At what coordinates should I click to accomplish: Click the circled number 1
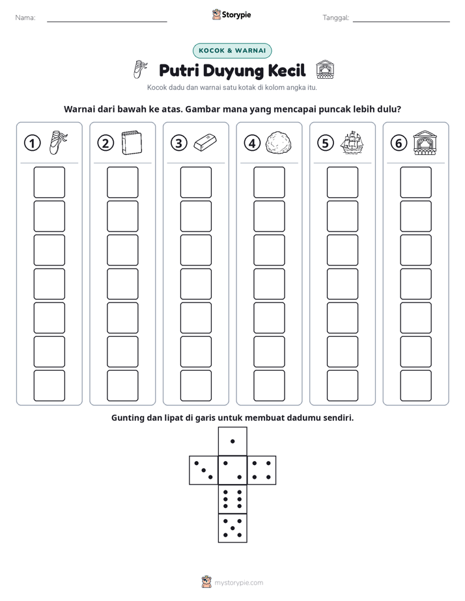click(x=32, y=143)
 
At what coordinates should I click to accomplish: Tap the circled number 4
click(x=252, y=143)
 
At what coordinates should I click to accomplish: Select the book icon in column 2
click(x=132, y=143)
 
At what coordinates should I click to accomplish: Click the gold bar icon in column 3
click(x=205, y=142)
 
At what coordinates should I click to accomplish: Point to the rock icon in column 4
click(x=279, y=143)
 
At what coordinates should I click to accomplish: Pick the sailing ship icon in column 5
click(x=352, y=142)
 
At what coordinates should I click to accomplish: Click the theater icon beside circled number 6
click(x=425, y=142)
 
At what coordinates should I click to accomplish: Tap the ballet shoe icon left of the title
click(x=140, y=70)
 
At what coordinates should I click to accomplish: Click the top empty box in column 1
click(x=49, y=182)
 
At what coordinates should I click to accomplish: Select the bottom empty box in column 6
click(x=416, y=386)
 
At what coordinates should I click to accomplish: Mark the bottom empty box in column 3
click(x=195, y=386)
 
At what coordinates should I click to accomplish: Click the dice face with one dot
click(x=232, y=442)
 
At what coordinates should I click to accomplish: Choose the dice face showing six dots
click(x=232, y=499)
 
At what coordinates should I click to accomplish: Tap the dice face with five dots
click(x=232, y=528)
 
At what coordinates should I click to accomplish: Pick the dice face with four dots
click(x=261, y=470)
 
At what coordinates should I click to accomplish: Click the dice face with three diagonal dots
click(x=204, y=470)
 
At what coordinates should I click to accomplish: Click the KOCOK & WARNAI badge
click(x=232, y=51)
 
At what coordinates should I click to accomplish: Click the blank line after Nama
click(x=107, y=22)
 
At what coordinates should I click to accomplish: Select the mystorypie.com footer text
click(x=238, y=583)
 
